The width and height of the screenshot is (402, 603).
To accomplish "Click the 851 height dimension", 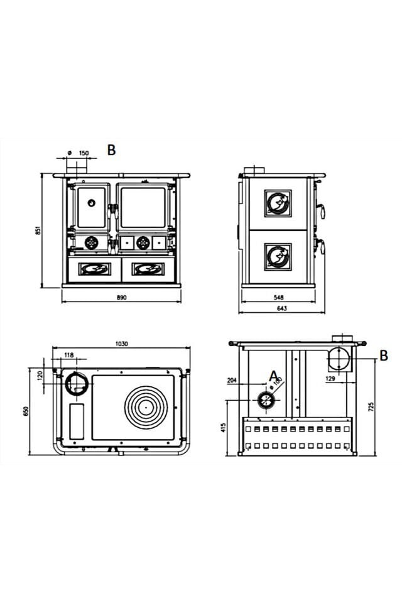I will (38, 231).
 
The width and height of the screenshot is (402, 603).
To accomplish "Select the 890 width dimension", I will (122, 298).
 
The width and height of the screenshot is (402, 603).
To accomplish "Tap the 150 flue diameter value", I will (84, 153).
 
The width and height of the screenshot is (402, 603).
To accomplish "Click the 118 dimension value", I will (68, 356).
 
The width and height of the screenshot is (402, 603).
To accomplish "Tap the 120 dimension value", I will (40, 376).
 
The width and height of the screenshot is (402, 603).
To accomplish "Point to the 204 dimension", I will (232, 381).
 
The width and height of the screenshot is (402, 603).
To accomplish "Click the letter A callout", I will (273, 375).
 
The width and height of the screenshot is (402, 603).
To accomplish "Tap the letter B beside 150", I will (111, 150).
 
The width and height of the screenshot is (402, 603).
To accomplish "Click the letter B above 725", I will (384, 356).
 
